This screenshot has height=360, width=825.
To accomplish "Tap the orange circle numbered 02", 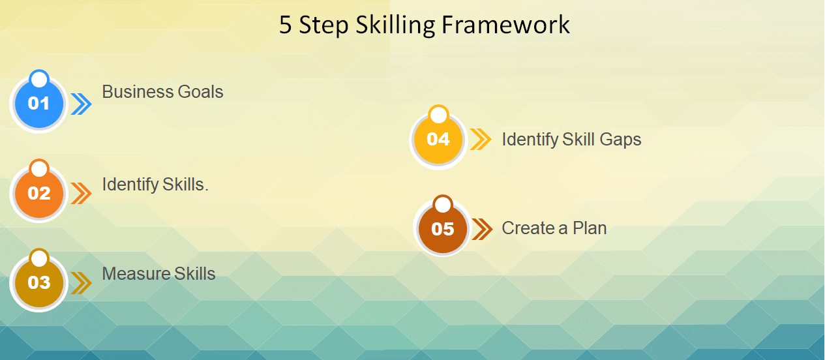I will pyautogui.click(x=39, y=193).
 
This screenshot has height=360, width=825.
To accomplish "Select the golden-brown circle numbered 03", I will pyautogui.click(x=39, y=282).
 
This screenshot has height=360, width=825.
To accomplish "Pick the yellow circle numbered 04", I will pyautogui.click(x=438, y=139).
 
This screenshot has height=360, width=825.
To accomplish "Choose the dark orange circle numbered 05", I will pyautogui.click(x=443, y=229).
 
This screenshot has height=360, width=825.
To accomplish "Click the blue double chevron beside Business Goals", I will pyautogui.click(x=81, y=104).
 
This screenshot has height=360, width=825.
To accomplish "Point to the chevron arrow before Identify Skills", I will pyautogui.click(x=81, y=194).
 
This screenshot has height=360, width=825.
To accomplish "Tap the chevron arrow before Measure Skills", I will pyautogui.click(x=81, y=283).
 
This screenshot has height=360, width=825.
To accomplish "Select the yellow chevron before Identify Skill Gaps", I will pyautogui.click(x=481, y=140).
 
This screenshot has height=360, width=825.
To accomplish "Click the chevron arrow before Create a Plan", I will pyautogui.click(x=482, y=229).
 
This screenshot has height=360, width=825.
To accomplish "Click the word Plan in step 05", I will pyautogui.click(x=590, y=228).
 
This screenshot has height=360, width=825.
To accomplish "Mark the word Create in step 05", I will pyautogui.click(x=524, y=228).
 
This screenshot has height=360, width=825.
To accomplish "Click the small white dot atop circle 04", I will pyautogui.click(x=439, y=115).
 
